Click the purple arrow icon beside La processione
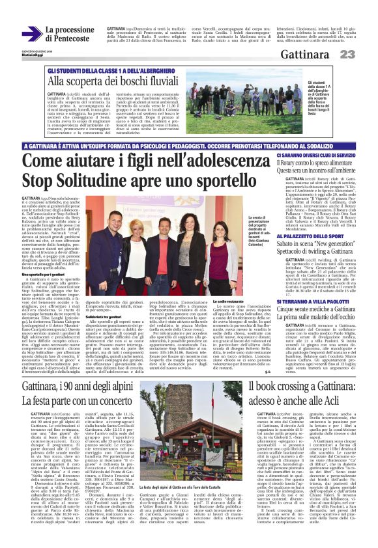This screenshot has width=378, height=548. click(31, 34)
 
